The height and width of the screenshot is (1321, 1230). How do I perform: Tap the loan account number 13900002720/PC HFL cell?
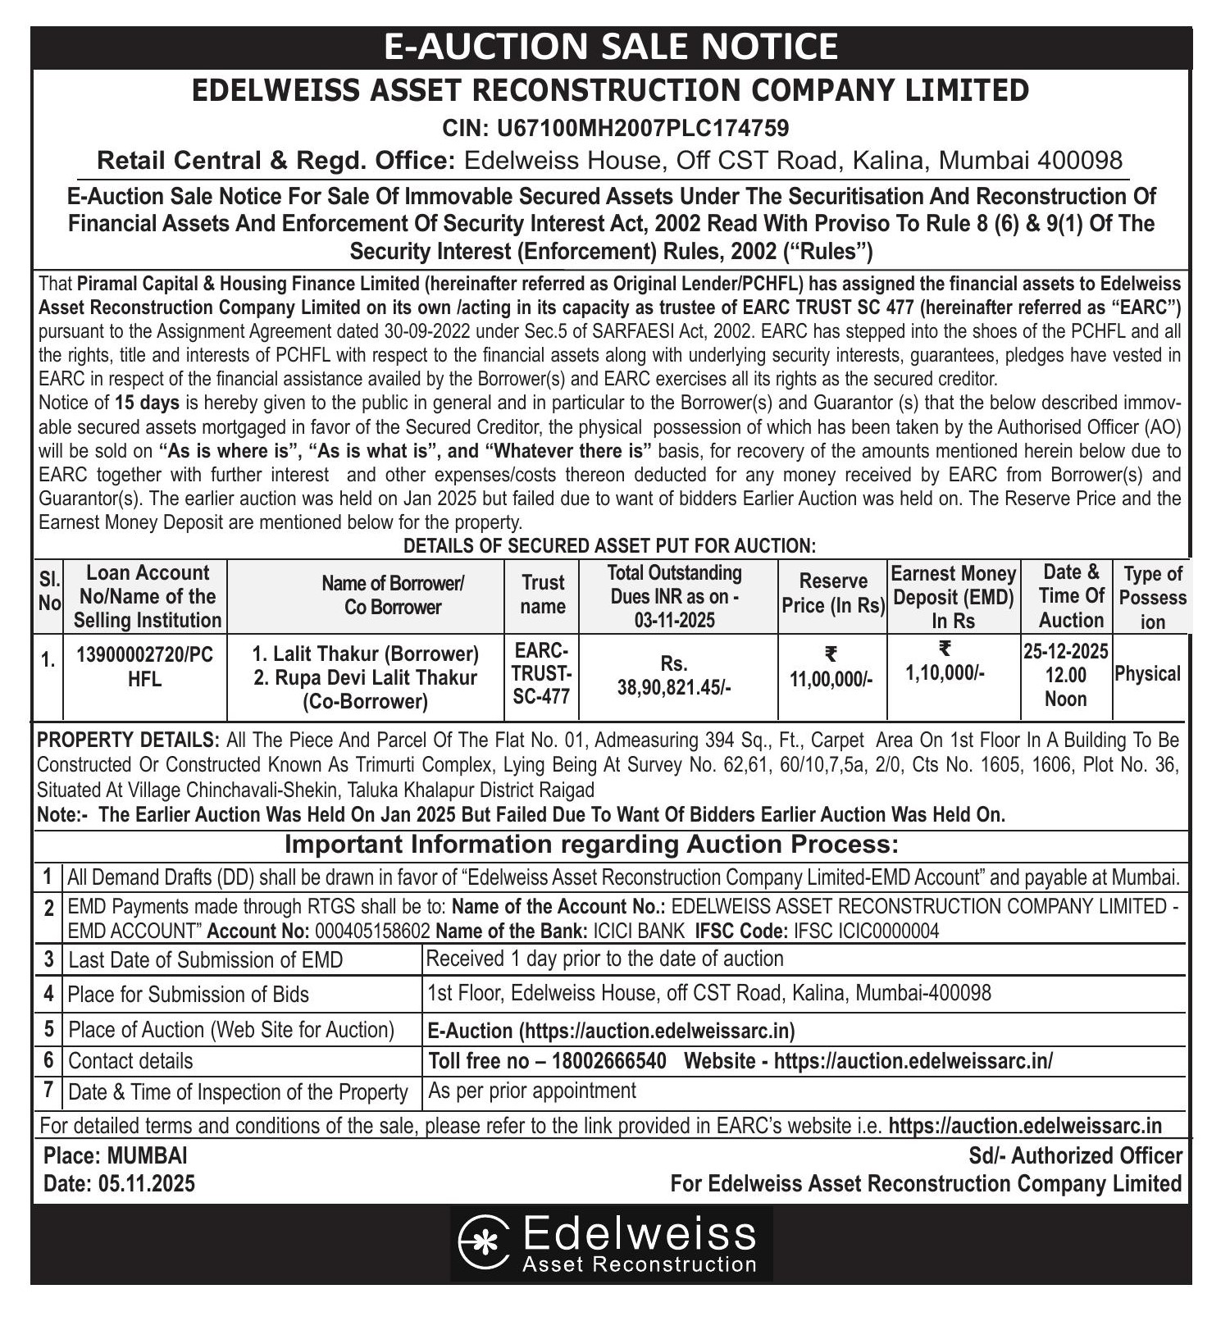coord(144,666)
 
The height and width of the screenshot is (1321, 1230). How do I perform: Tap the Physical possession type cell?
coord(1147,675)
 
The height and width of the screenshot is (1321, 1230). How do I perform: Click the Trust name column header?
coord(543,594)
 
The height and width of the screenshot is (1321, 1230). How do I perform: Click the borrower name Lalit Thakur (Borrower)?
coord(365,654)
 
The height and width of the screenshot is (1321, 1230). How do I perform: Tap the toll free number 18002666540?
coord(609,1061)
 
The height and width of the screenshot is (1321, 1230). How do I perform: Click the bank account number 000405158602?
coord(372,932)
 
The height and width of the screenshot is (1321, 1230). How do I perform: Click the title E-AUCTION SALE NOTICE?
coord(611,47)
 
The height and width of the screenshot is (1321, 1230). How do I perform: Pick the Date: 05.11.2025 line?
coord(120,1184)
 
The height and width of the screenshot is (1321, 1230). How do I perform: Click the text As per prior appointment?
coord(532,1091)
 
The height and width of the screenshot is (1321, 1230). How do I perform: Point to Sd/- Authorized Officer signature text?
coord(1075,1156)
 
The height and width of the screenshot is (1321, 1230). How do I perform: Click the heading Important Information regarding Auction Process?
coord(590,845)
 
